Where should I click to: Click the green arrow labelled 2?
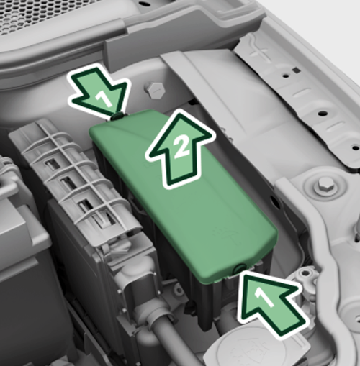pos(179,150)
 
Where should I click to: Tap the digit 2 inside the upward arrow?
pos(181,148)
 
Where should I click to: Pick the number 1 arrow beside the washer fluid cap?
pos(271,303)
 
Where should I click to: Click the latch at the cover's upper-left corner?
pos(117,116)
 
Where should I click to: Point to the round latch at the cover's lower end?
pos(240,268)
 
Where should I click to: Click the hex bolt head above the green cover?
pos(155,90)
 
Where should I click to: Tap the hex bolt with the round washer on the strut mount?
pos(325,186)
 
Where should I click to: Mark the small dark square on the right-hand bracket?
pos(297,70)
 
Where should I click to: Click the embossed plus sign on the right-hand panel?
pos(261,53)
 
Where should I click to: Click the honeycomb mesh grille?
pos(56,14)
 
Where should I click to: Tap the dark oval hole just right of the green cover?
pos(274,201)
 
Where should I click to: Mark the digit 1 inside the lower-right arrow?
pos(264,297)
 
